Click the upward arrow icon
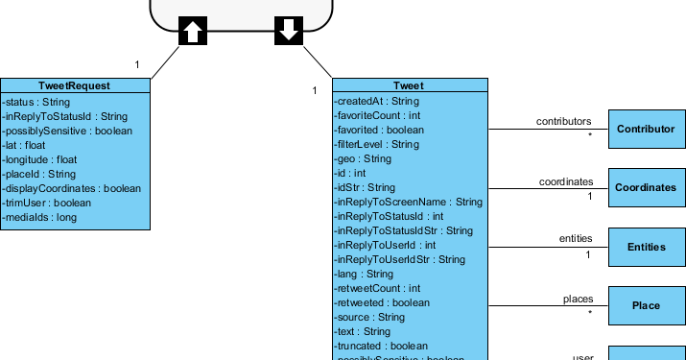[192, 31]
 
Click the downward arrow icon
[288, 31]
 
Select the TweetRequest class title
[75, 85]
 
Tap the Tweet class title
[410, 85]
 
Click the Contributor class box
[646, 129]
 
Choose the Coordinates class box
[646, 188]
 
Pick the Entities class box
[646, 247]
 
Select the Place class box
[646, 305]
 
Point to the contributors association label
[564, 122]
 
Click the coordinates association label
[565, 180]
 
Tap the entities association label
[576, 239]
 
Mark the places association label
[578, 299]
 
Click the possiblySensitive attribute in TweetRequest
[67, 131]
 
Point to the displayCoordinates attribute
[71, 188]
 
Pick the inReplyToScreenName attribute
[408, 202]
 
